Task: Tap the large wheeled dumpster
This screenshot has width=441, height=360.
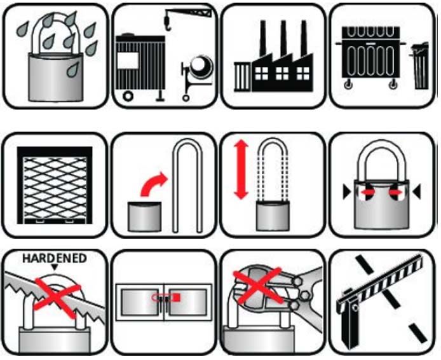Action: pyautogui.click(x=370, y=55)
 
